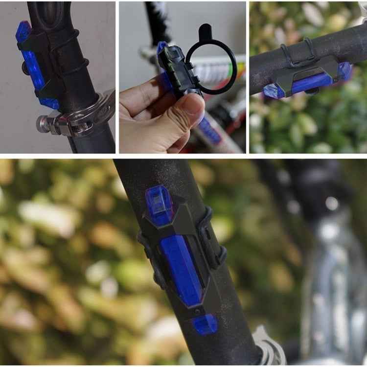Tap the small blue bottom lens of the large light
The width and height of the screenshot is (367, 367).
pyautogui.click(x=205, y=324)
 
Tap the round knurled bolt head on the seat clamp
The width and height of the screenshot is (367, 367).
pyautogui.click(x=43, y=124)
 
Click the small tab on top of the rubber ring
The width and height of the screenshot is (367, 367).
pyautogui.click(x=206, y=32)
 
